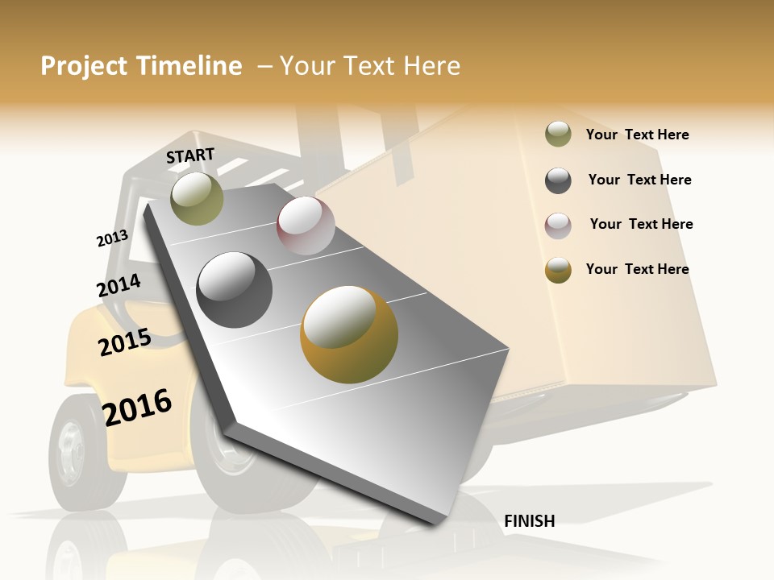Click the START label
(190, 155)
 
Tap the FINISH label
(529, 521)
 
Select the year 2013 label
(112, 238)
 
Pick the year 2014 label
(119, 286)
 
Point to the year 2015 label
(125, 342)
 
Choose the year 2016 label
(137, 407)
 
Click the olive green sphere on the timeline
(197, 198)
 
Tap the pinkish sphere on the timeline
(306, 226)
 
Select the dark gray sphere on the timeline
(235, 289)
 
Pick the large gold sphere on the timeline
(349, 334)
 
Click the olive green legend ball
(558, 135)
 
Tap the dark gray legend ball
(558, 180)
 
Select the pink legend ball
(558, 226)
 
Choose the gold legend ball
(558, 271)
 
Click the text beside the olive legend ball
(637, 135)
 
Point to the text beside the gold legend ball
(637, 269)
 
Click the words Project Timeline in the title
(141, 66)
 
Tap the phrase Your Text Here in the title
(370, 66)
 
